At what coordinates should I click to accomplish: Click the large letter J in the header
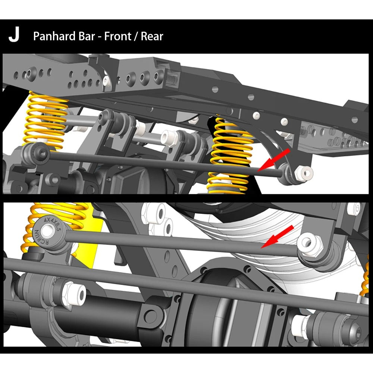14,34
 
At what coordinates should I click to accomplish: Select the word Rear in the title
152,36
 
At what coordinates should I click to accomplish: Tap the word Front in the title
117,36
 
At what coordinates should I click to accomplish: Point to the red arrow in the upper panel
273,160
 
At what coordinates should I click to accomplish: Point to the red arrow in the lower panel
277,237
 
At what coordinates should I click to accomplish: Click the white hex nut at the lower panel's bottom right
300,325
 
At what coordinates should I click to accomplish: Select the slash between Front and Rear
136,37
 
